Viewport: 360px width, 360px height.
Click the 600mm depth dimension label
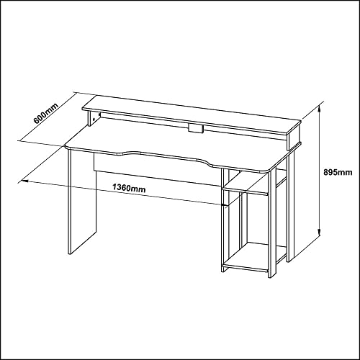[x=46, y=114]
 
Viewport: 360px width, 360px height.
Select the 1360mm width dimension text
[x=129, y=188]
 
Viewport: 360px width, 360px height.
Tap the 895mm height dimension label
[x=338, y=172]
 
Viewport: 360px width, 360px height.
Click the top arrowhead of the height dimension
[x=319, y=109]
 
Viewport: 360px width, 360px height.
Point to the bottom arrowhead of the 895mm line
[x=319, y=233]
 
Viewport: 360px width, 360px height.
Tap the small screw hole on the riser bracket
[x=94, y=119]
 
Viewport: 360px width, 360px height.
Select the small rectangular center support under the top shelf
[x=196, y=128]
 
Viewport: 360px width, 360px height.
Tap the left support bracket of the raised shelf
[x=94, y=119]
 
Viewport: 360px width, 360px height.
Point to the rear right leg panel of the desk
[x=292, y=205]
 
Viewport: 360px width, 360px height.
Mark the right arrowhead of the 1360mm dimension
[x=225, y=205]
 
